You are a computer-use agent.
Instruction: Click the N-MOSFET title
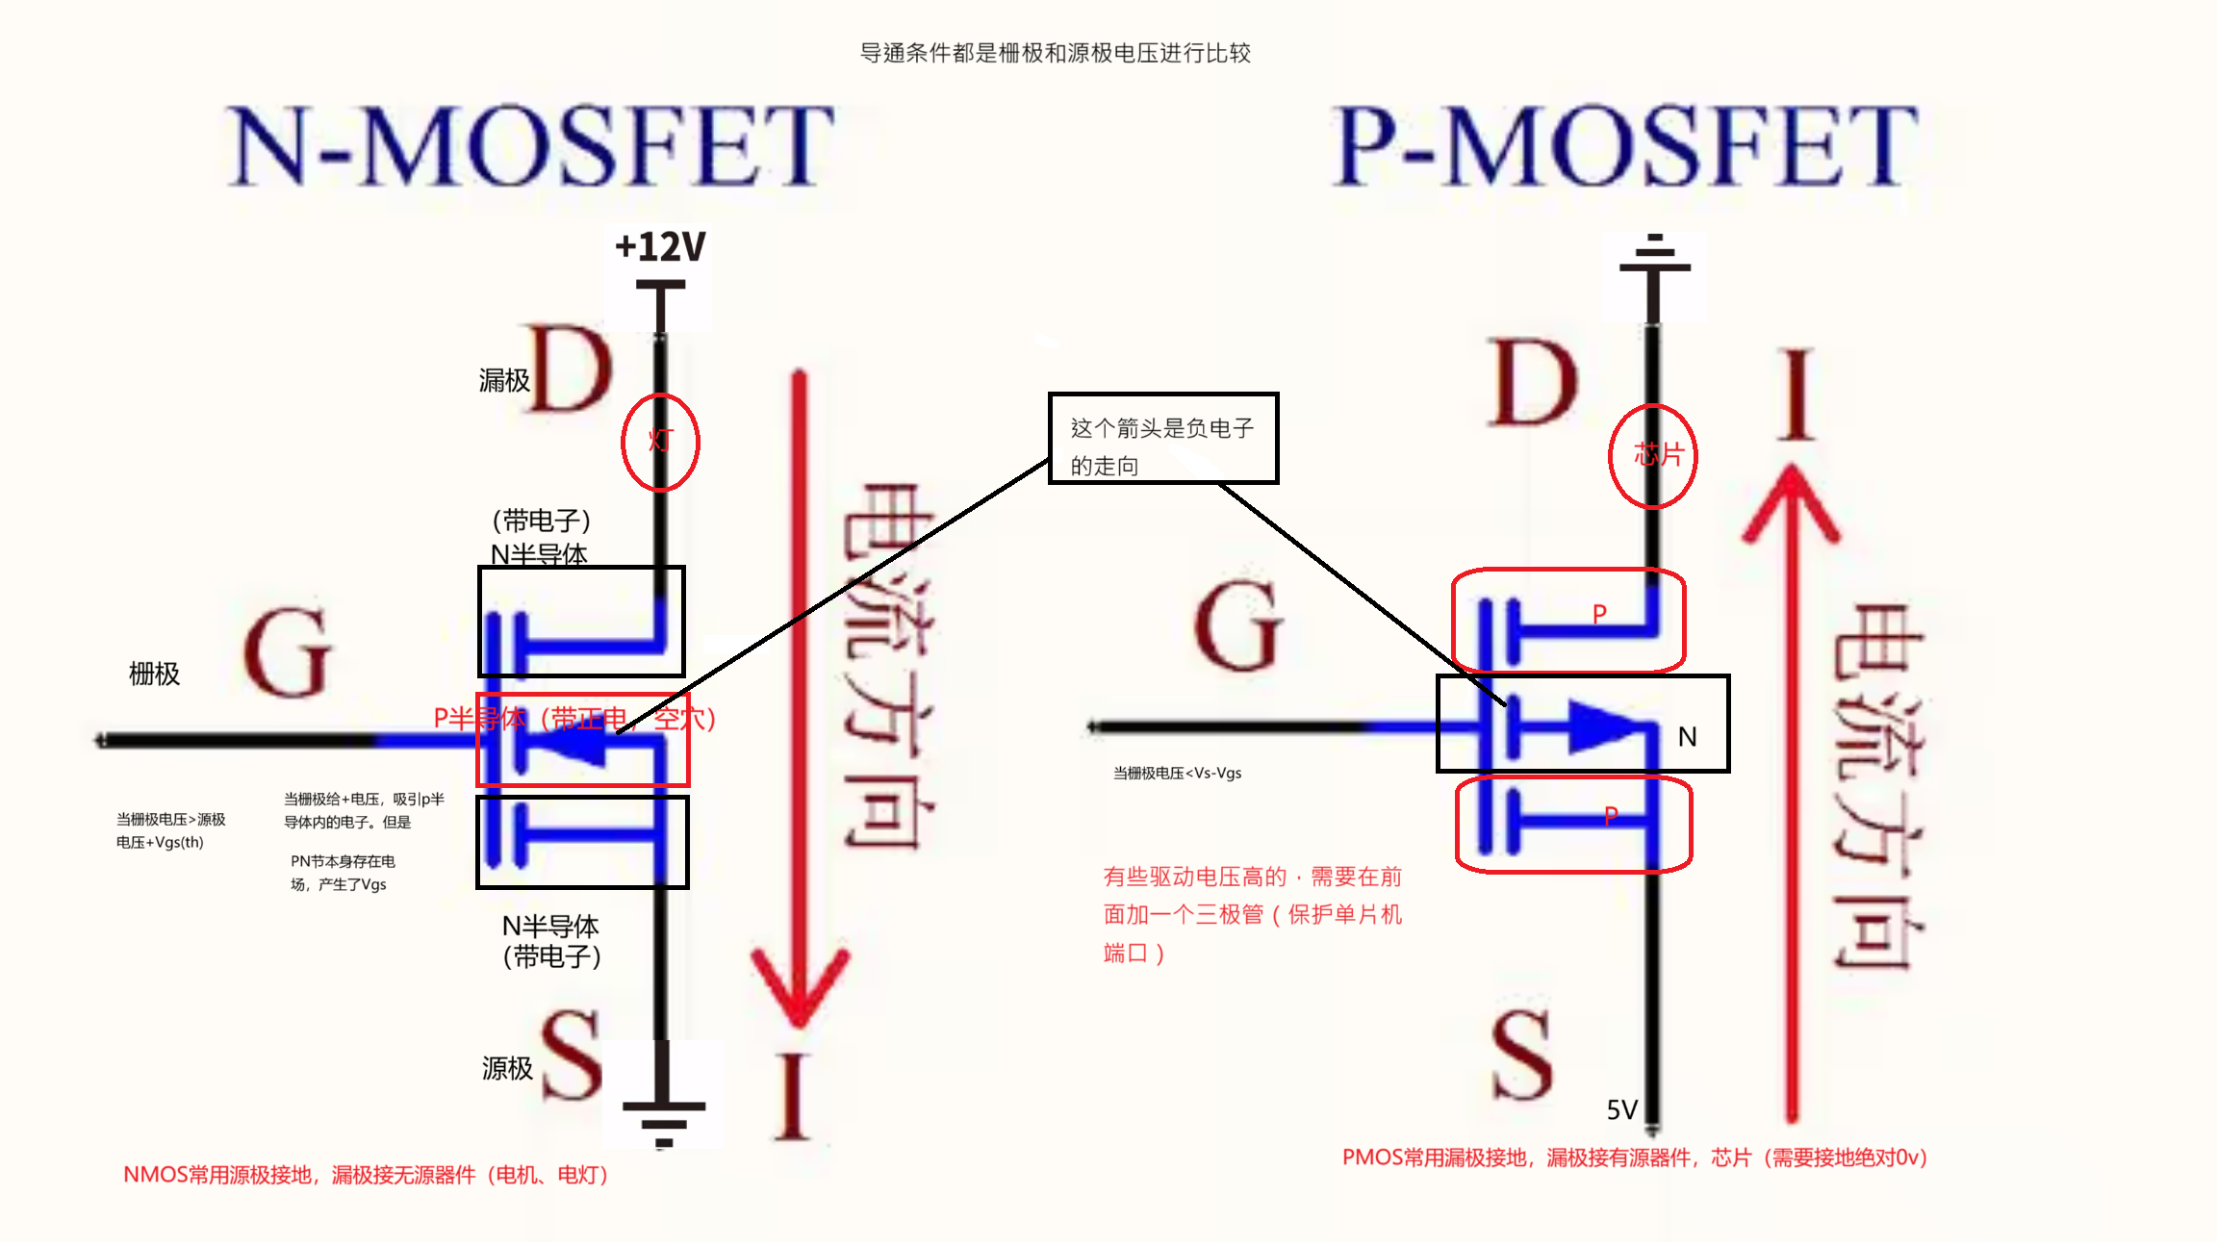pyautogui.click(x=530, y=146)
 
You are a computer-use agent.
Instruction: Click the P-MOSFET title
pyautogui.click(x=1625, y=146)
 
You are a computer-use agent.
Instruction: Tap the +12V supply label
pyautogui.click(x=660, y=247)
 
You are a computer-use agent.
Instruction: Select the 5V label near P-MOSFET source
pyautogui.click(x=1621, y=1110)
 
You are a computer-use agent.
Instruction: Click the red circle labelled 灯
pyautogui.click(x=660, y=442)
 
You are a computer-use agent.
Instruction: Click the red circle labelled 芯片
pyautogui.click(x=1653, y=455)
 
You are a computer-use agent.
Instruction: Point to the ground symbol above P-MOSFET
pyautogui.click(x=1654, y=255)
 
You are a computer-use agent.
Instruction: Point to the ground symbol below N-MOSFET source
pyautogui.click(x=663, y=1121)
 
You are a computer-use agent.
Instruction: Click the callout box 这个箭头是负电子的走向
pyautogui.click(x=1162, y=439)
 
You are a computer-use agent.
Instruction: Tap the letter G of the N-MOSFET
pyautogui.click(x=287, y=653)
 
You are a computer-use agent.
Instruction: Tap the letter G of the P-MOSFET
pyautogui.click(x=1239, y=626)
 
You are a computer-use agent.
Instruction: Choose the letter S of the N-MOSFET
pyautogui.click(x=571, y=1056)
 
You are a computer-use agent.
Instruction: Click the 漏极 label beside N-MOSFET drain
pyautogui.click(x=504, y=381)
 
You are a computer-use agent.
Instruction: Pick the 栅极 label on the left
pyautogui.click(x=154, y=674)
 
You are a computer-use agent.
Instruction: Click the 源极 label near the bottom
pyautogui.click(x=507, y=1068)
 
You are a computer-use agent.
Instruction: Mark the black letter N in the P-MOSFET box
pyautogui.click(x=1687, y=737)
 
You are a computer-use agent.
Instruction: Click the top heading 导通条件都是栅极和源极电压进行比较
pyautogui.click(x=1055, y=53)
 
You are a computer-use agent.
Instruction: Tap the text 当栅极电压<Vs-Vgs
pyautogui.click(x=1177, y=774)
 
